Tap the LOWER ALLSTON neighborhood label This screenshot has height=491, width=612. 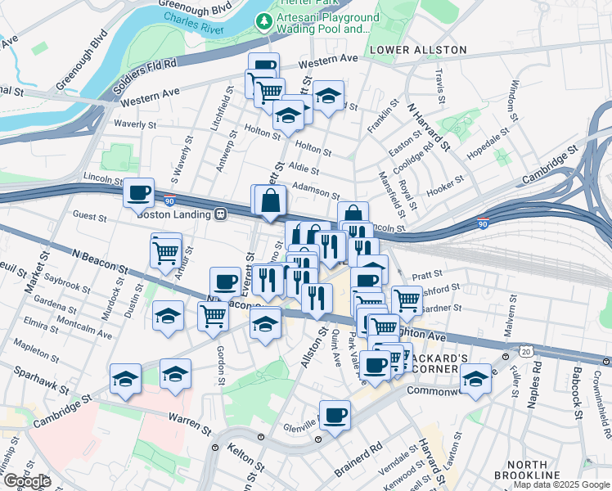coord(417,50)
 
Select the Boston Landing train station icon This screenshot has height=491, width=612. coord(220,214)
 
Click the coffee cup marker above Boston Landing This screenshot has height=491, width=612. coord(138,193)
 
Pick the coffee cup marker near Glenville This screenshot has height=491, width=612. coord(335,415)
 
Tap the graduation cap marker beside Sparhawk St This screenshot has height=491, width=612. coord(125,378)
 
